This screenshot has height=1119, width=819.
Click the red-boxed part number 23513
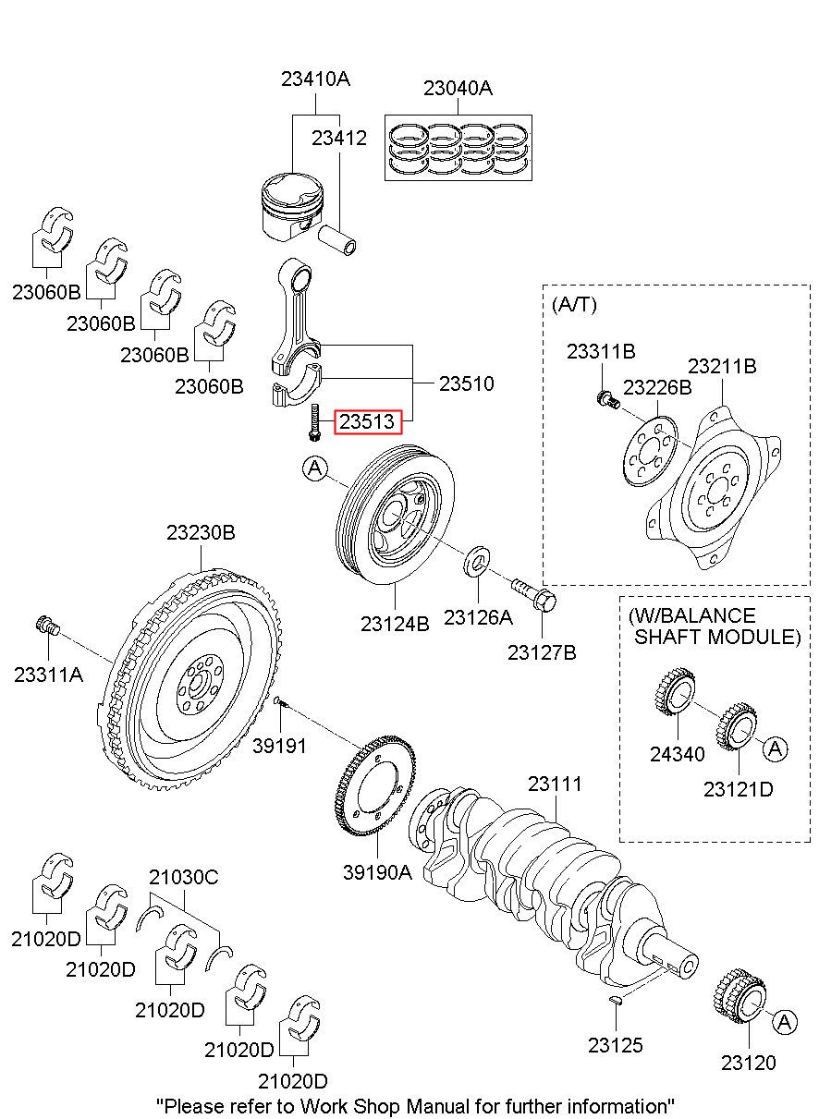pos(369,422)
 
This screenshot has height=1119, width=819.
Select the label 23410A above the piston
pos(315,79)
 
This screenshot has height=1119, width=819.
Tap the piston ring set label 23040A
pos(458,89)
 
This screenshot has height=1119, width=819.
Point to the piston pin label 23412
pos(338,139)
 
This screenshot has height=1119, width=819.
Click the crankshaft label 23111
pos(555,784)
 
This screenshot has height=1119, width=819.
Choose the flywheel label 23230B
pos(201,533)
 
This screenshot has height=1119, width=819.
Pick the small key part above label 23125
pos(617,1000)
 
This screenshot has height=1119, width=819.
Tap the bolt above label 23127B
pos(532,591)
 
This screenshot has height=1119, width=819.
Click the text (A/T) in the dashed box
pos(574,304)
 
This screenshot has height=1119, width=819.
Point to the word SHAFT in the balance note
pos(672,637)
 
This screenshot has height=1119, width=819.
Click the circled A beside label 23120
pos(784,1022)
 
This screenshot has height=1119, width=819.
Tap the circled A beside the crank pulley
pos(314,469)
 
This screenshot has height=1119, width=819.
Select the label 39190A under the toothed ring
pos(377,870)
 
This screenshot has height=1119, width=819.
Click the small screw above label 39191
pos(280,704)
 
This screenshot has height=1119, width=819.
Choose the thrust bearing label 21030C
pos(184,877)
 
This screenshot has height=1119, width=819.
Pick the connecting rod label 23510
pos(466,383)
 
